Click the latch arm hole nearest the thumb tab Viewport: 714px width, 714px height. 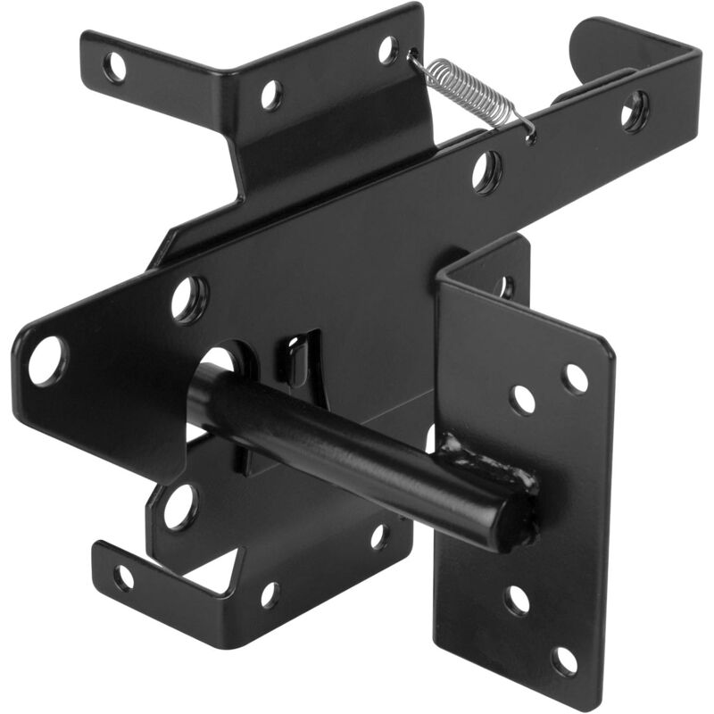(x=635, y=111)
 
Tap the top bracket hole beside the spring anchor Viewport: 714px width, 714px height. (x=388, y=49)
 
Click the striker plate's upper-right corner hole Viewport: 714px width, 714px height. (x=576, y=378)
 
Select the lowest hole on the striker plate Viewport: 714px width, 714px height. (x=564, y=660)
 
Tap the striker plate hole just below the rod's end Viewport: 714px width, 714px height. (x=518, y=599)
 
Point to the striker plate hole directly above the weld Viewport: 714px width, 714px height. (x=523, y=399)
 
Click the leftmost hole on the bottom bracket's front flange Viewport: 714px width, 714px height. (x=124, y=577)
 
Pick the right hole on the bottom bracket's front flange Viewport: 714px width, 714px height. (x=270, y=594)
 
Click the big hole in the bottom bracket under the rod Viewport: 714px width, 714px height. (x=180, y=505)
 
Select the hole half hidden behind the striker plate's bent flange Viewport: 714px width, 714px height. (x=505, y=286)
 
